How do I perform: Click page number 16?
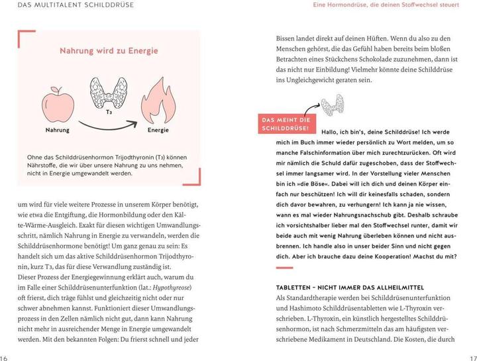(5, 356)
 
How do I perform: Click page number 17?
(472, 356)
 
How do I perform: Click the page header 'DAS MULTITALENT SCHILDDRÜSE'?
(76, 5)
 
